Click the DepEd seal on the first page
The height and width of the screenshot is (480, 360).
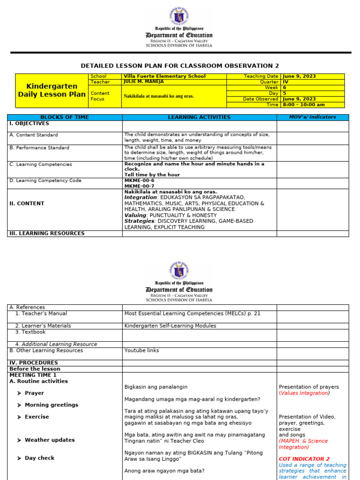[x=179, y=17]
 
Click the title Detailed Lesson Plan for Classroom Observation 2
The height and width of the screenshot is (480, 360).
[x=180, y=66]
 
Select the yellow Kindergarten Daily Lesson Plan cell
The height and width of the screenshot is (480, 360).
[x=52, y=90]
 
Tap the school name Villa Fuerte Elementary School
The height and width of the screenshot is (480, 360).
[x=164, y=76]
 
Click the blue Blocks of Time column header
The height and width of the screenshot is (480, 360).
[x=65, y=117]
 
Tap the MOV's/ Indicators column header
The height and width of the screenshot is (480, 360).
[x=312, y=117]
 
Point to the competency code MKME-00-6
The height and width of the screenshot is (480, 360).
[x=139, y=180]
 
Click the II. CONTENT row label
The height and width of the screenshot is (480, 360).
[x=27, y=204]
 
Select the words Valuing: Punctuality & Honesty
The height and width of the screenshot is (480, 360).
[x=171, y=215]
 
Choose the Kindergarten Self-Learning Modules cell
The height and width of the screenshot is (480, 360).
[x=170, y=326]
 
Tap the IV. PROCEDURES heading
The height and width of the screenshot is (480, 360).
[x=34, y=363]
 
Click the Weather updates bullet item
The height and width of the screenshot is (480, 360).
[x=49, y=440]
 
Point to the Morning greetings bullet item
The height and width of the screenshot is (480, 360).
[x=51, y=405]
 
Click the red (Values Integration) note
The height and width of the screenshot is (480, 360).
[x=304, y=393]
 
